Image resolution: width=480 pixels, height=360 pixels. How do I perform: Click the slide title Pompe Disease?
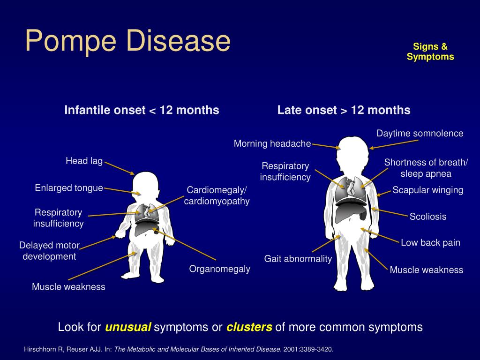(x=127, y=41)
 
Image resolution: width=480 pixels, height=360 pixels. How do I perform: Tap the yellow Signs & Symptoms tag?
(x=430, y=52)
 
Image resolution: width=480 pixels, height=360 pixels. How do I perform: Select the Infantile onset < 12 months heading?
(x=142, y=110)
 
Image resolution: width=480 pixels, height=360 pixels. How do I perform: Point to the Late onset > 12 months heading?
(x=344, y=110)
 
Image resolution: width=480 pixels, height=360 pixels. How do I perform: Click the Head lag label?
(x=84, y=161)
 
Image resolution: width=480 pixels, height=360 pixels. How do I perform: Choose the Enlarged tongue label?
(x=69, y=187)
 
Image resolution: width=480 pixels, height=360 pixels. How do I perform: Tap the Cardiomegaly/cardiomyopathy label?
(x=217, y=195)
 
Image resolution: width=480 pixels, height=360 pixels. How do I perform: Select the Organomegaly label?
(x=219, y=269)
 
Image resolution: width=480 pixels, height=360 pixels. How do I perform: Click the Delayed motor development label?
(x=49, y=251)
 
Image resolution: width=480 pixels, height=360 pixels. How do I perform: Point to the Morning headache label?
(x=272, y=143)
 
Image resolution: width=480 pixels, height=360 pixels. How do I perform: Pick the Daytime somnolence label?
(x=420, y=133)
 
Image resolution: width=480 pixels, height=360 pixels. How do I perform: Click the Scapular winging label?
(x=427, y=190)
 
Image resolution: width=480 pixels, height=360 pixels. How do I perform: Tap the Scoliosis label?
(x=428, y=217)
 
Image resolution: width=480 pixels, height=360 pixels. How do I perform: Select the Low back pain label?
(x=430, y=242)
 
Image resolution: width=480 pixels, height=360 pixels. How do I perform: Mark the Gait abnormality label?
(x=298, y=259)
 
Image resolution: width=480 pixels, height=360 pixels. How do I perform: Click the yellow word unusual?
(x=128, y=327)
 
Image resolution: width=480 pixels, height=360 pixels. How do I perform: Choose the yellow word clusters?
(x=249, y=327)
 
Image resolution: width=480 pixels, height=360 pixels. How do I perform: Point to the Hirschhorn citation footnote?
(x=179, y=349)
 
